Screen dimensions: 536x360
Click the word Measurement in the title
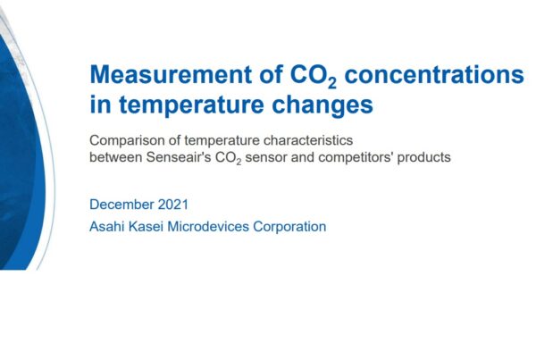(171, 74)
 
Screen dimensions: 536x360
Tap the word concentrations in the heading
(434, 74)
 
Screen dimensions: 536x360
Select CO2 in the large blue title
(314, 76)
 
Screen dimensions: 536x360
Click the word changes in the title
(322, 105)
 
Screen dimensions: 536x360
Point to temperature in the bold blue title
(191, 105)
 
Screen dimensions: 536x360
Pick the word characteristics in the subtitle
(308, 140)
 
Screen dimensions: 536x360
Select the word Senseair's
(179, 157)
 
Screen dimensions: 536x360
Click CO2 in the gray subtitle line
(228, 158)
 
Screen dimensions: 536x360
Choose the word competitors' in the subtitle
(356, 157)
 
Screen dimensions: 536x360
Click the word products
(423, 157)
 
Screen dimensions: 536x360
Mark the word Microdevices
(208, 226)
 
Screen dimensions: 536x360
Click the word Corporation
(289, 226)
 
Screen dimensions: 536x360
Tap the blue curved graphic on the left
(21, 154)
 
